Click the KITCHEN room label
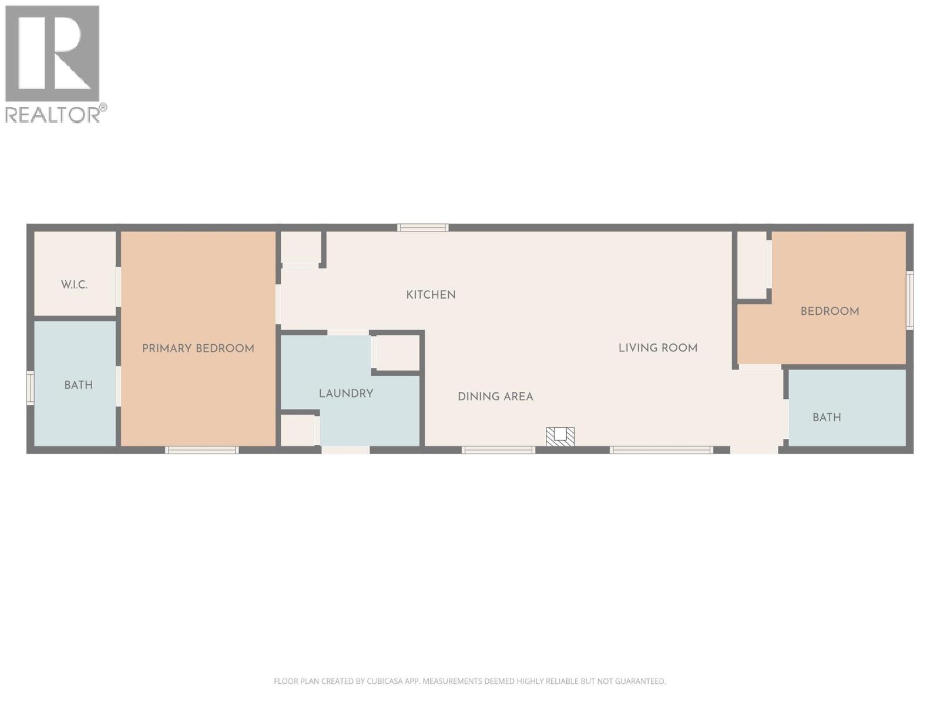(431, 295)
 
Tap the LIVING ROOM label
(657, 348)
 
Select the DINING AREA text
(495, 397)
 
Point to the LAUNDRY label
(346, 394)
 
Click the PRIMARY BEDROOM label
(198, 348)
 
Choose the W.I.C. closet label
(74, 285)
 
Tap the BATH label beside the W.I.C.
(78, 385)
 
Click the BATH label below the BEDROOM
(827, 418)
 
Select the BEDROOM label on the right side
(830, 311)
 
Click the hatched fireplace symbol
(560, 436)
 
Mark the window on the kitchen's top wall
(422, 227)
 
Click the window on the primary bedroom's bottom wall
(202, 450)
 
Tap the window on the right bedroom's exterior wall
(909, 300)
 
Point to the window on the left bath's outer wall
(31, 388)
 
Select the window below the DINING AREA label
(498, 450)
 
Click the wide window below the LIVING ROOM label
(661, 450)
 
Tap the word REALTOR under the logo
(52, 115)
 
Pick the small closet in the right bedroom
(753, 264)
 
